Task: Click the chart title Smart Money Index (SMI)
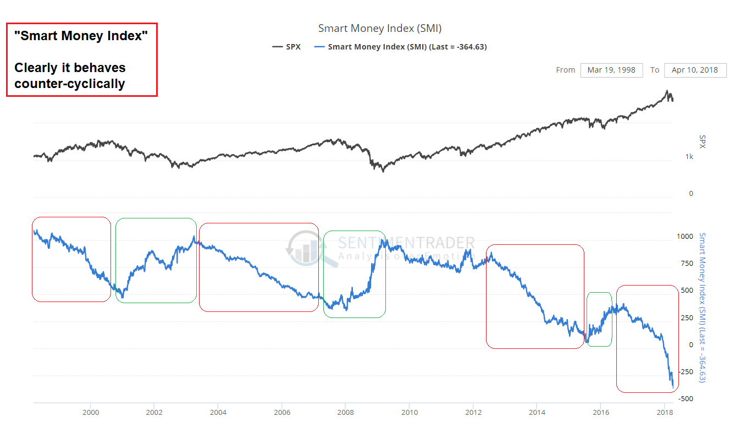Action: pyautogui.click(x=380, y=28)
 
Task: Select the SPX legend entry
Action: pyautogui.click(x=286, y=47)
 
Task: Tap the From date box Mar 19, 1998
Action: pyautogui.click(x=611, y=70)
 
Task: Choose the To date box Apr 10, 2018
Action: pyautogui.click(x=695, y=70)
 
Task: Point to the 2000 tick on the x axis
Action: pyautogui.click(x=91, y=412)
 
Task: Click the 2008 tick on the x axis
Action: pyautogui.click(x=345, y=412)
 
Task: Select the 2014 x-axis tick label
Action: pyautogui.click(x=537, y=412)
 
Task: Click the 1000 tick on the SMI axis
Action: pyautogui.click(x=685, y=237)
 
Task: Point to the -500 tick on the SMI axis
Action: pyautogui.click(x=684, y=398)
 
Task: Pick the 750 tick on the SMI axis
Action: pyautogui.click(x=687, y=264)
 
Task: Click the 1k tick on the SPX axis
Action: pyautogui.click(x=689, y=157)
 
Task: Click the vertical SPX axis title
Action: pyautogui.click(x=702, y=141)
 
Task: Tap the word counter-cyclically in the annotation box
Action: pyautogui.click(x=70, y=84)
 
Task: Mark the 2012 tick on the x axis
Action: pyautogui.click(x=473, y=412)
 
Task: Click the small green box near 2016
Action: pyautogui.click(x=599, y=319)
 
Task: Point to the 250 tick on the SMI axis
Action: pyautogui.click(x=687, y=318)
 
